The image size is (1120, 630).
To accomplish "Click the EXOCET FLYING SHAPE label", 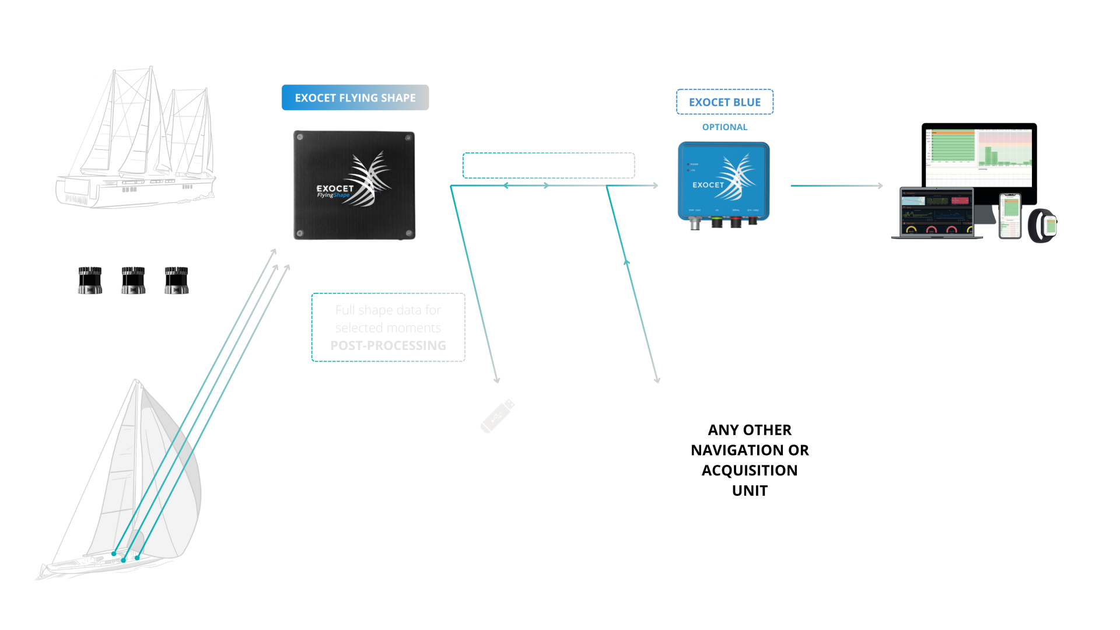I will coord(355,97).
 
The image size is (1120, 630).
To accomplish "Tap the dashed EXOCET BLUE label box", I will coord(724,102).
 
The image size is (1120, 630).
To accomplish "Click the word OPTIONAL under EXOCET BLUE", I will coord(724,127).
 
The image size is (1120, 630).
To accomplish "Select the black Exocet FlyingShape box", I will coord(354,185).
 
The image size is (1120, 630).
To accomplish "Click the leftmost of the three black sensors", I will coord(90,280).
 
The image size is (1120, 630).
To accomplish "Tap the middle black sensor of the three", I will coord(133,280).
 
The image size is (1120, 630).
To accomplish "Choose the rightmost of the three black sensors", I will coord(176,280).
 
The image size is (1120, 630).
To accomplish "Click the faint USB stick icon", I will coord(498,415).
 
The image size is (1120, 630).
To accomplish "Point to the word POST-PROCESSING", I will coord(388,345).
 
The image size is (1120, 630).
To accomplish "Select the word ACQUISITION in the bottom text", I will coord(750,470).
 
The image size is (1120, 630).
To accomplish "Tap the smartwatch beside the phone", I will coord(1043,225).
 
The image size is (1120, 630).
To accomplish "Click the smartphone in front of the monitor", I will coord(1010,216).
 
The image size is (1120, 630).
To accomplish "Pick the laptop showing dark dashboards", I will coord(936,213).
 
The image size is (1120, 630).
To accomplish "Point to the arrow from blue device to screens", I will coord(836,185).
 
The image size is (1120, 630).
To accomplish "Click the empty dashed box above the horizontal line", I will coord(548,165).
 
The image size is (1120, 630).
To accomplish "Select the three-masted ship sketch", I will coord(137,140).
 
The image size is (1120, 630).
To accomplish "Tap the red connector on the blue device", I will coord(736,222).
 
